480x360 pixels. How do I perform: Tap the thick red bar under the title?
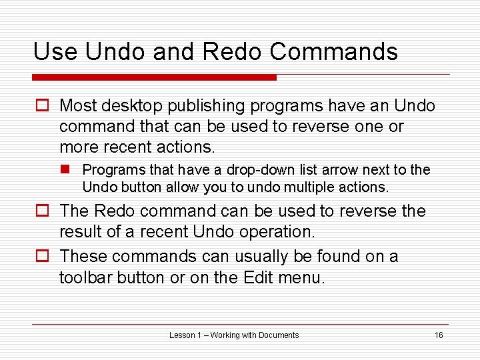coord(155,77)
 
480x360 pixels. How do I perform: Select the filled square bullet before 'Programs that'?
coord(69,170)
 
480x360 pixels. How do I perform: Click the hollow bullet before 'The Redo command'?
coord(42,211)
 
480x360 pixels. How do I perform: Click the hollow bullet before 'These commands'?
coord(42,257)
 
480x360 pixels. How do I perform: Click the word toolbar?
coord(86,277)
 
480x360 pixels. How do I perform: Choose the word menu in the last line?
coord(301,277)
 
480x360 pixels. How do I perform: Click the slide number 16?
coord(438,335)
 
